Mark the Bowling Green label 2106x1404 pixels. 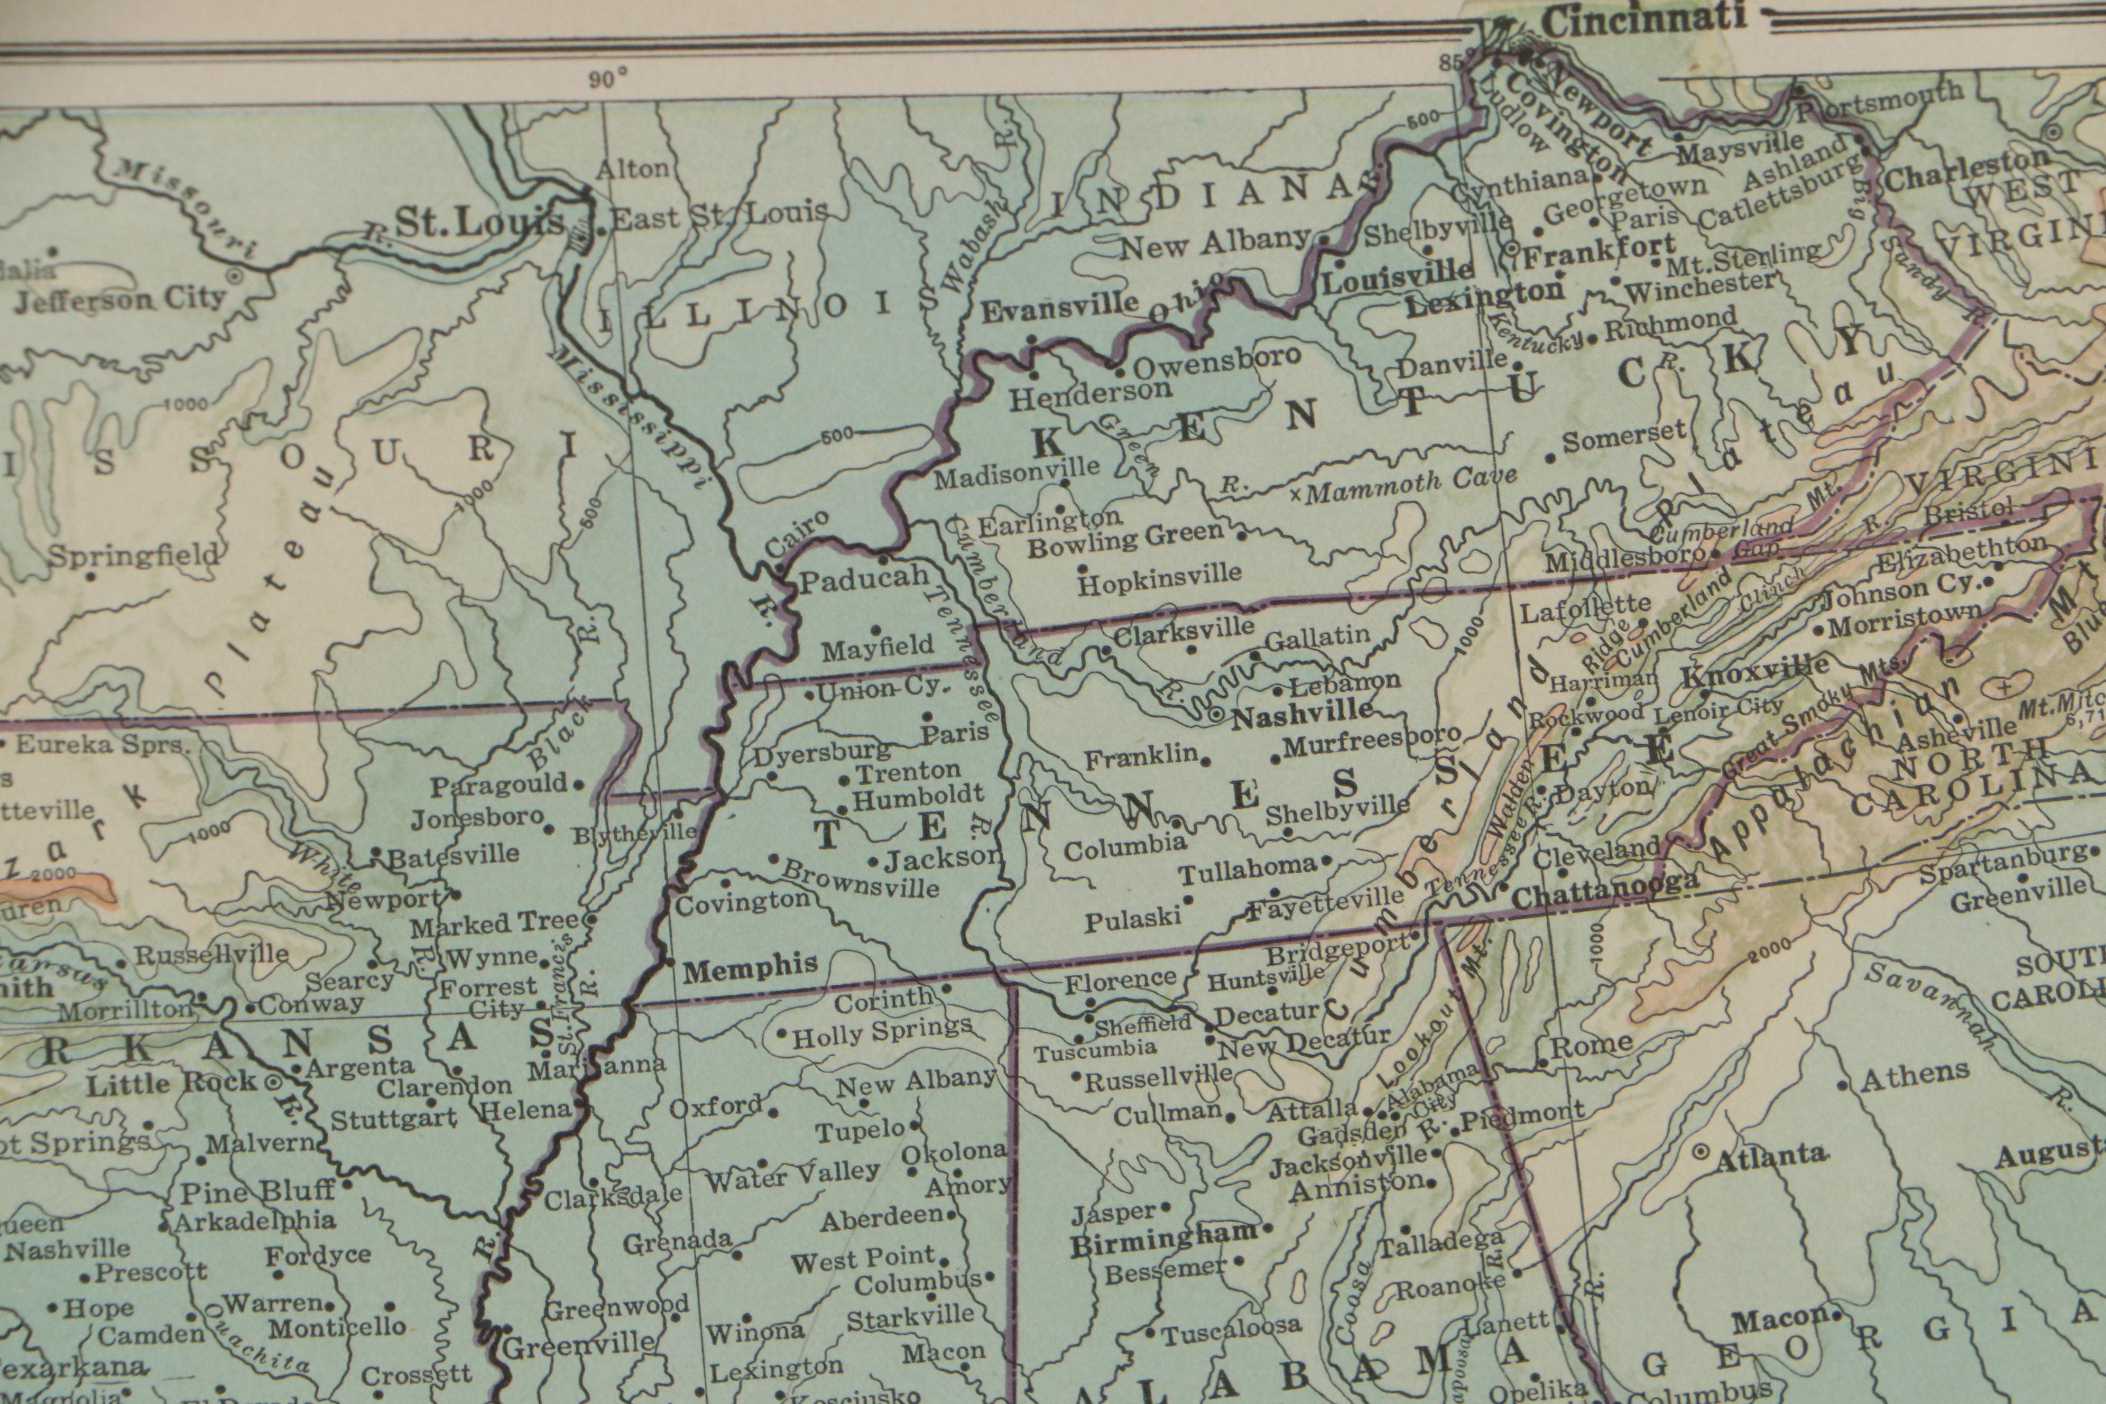(1125, 538)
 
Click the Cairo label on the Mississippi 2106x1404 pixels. (797, 534)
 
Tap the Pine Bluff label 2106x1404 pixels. (258, 1191)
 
